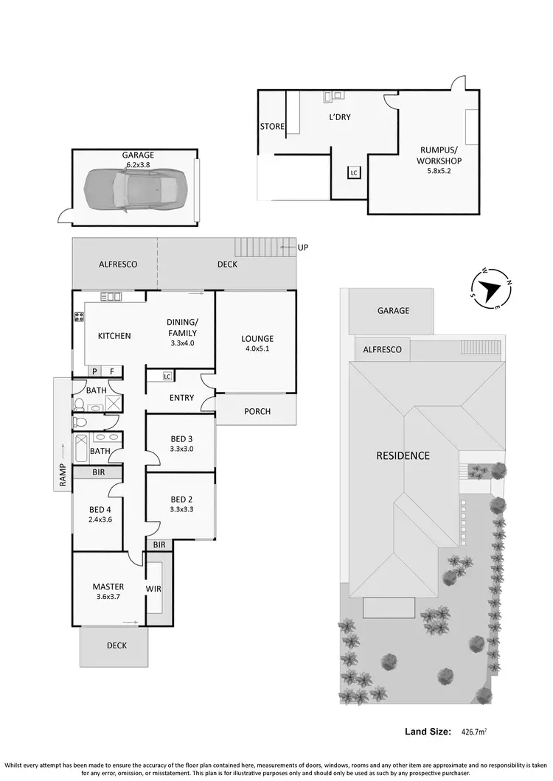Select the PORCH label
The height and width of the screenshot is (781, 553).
tap(257, 411)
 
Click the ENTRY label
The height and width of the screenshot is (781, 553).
tap(181, 398)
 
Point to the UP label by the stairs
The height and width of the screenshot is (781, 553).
tap(302, 248)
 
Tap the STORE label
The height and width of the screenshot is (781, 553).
tap(272, 127)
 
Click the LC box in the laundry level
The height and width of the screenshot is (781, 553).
tap(354, 172)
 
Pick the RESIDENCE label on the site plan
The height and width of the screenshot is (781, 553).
tap(403, 455)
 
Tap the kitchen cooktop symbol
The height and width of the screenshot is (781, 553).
tap(77, 319)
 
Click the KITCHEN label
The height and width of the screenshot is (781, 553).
tap(114, 336)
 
